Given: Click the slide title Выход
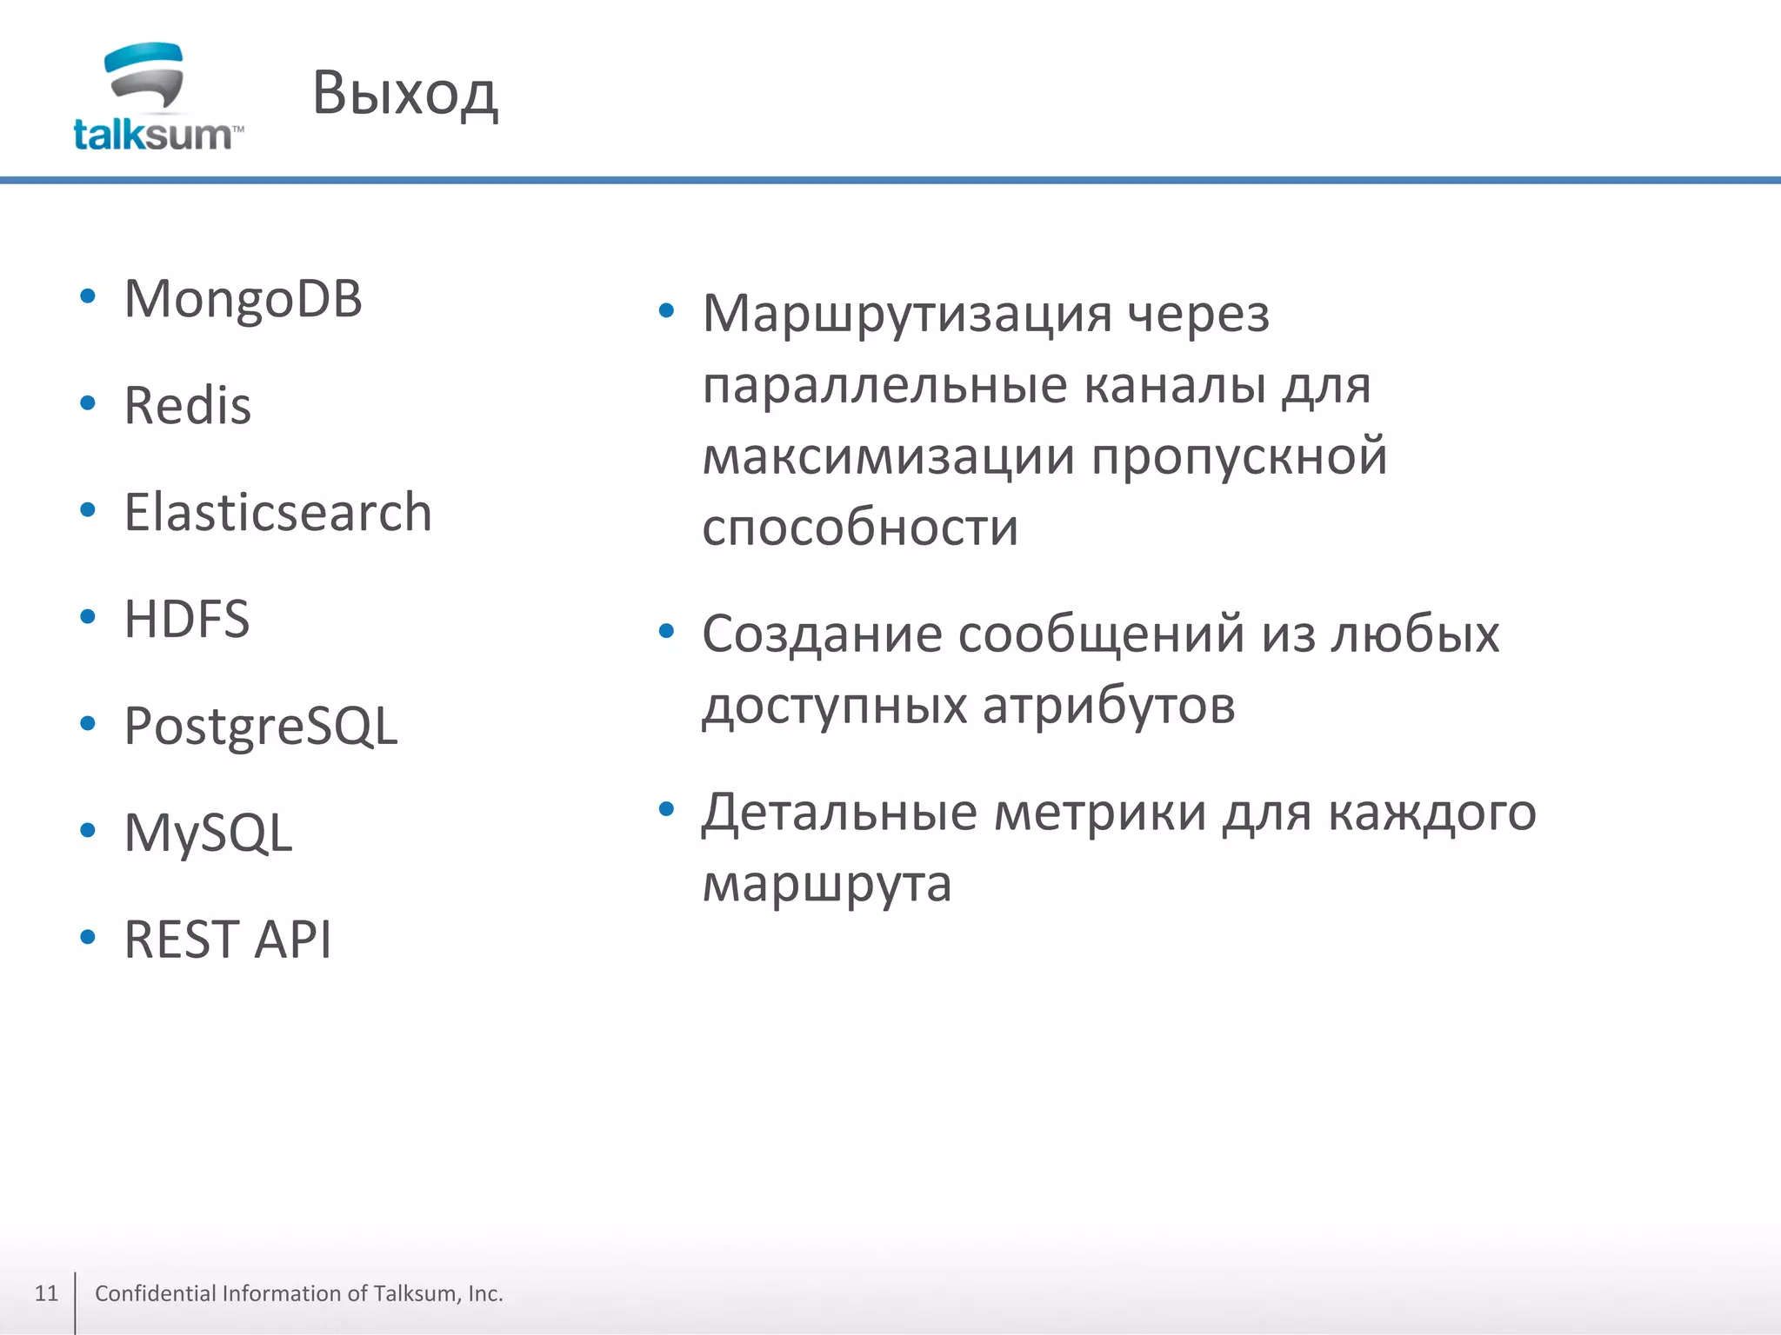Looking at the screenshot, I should (x=404, y=93).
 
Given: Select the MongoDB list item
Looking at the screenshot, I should (x=243, y=300).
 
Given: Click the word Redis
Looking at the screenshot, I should (x=187, y=406).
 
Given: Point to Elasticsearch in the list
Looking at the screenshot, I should (x=277, y=512).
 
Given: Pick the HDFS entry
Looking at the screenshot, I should (x=187, y=619).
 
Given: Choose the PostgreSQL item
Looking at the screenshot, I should (x=261, y=727).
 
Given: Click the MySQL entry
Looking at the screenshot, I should (x=208, y=833).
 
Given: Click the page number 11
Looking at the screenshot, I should (x=46, y=1293).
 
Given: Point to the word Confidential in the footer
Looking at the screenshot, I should (x=156, y=1293).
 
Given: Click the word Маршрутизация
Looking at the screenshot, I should (x=907, y=315).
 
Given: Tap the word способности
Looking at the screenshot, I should (x=860, y=527).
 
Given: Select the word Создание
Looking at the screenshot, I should (x=822, y=634).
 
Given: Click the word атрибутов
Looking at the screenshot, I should (x=1109, y=705).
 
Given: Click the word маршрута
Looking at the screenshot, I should (x=827, y=885).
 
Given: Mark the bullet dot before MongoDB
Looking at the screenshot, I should (x=87, y=297).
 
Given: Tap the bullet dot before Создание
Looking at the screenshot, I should (x=666, y=631).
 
